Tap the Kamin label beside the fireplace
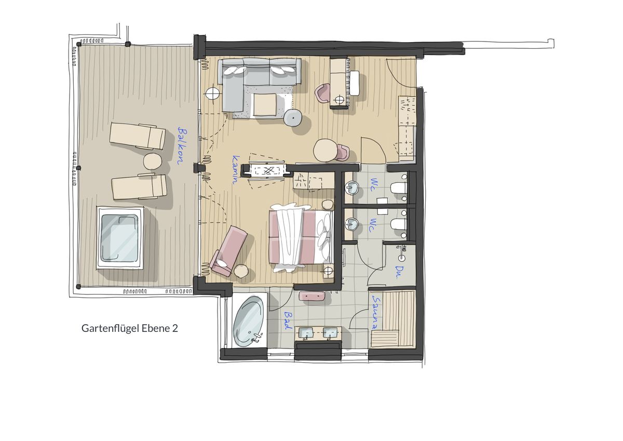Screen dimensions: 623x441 (x=235, y=170)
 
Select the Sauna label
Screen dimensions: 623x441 (x=376, y=312)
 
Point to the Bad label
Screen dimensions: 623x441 (x=288, y=320)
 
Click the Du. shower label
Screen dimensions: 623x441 (x=398, y=272)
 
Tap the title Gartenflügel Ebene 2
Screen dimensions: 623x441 (x=130, y=328)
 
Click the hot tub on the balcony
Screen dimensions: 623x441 (x=119, y=238)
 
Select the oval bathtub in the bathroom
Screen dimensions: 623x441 (x=248, y=322)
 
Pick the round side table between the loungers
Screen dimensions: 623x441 (x=153, y=161)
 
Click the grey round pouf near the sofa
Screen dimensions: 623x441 (x=293, y=118)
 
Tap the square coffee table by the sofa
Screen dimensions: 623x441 (x=265, y=104)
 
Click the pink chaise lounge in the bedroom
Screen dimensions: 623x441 (x=228, y=251)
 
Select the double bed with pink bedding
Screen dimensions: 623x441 (x=301, y=237)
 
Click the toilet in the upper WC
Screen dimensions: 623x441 (x=399, y=188)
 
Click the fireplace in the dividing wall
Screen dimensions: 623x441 (x=267, y=170)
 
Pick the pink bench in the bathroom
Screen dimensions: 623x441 (x=312, y=296)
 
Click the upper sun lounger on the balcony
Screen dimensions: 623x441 (x=138, y=136)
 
